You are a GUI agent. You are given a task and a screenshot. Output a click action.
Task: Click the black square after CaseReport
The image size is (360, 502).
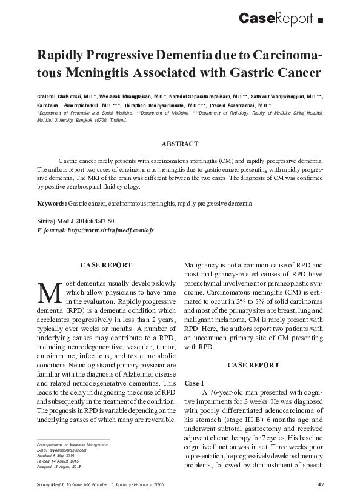point(320,21)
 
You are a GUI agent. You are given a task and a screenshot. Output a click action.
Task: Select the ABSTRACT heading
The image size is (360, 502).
point(179,144)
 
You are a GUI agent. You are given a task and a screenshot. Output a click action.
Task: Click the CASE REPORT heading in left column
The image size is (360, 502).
point(106,264)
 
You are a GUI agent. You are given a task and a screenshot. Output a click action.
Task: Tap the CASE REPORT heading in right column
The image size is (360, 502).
point(253,365)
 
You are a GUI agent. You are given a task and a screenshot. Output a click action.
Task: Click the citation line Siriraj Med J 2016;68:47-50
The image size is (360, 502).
point(75,221)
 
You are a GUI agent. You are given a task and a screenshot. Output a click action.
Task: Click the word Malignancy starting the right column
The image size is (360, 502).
point(204,265)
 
